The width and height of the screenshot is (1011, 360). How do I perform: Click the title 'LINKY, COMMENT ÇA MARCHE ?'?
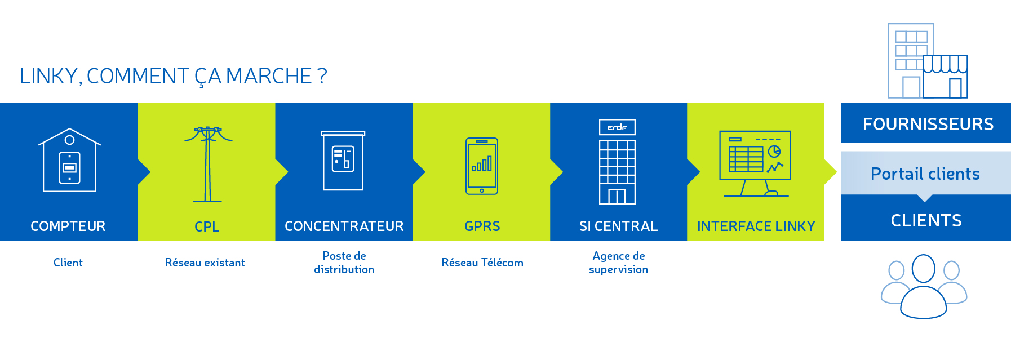coord(173,77)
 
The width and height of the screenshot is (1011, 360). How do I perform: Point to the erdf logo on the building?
coord(617,127)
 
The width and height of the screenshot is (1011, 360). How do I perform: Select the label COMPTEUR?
coord(68,226)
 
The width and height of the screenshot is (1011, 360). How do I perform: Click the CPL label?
coord(207,226)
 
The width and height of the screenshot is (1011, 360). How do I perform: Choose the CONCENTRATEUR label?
coord(344,226)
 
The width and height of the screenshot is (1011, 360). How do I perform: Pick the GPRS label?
coord(482,226)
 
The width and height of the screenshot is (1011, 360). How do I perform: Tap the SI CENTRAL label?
coord(619,226)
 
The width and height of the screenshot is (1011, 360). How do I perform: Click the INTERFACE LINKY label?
coord(756,226)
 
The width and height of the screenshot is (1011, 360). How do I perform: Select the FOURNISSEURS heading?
coord(928,125)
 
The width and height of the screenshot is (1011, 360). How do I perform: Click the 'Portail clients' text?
coord(925,174)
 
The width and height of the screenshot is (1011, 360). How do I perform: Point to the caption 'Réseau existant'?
coord(205,263)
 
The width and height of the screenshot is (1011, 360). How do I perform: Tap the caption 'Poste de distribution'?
coord(344,263)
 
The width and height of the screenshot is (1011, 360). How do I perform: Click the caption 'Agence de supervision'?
coord(619,263)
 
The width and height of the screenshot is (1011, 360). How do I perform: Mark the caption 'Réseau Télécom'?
coord(482,263)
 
